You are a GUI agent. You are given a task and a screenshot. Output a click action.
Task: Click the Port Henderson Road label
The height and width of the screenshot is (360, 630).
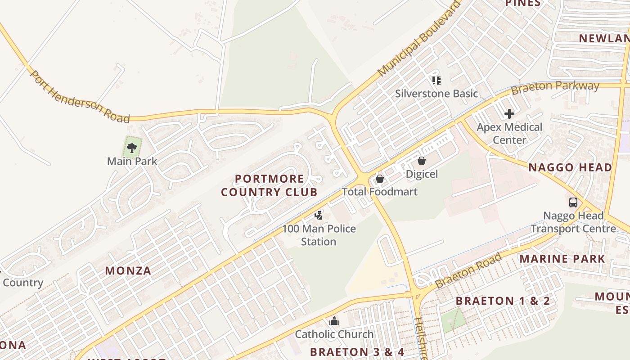80,97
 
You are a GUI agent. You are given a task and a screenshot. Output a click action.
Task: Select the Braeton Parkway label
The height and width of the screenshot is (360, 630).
555,86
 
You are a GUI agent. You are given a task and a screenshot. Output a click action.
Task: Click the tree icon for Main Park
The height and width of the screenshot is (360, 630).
132,147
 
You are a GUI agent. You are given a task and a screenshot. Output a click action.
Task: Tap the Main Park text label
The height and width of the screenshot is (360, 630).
132,161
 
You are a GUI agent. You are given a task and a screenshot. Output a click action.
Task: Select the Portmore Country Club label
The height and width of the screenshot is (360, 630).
269,185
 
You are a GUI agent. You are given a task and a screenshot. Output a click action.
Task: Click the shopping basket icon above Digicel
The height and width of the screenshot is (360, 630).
422,160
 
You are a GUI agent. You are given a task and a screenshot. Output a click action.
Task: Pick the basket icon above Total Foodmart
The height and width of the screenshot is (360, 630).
380,179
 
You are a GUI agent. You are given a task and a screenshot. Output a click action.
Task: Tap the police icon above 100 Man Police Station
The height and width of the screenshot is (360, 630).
319,216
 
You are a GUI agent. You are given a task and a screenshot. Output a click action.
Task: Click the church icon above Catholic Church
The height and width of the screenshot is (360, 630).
334,321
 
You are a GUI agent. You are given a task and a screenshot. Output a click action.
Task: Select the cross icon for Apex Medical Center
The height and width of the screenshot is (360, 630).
509,114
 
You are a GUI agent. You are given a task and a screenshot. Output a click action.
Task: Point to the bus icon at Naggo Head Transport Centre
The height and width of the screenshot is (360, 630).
573,202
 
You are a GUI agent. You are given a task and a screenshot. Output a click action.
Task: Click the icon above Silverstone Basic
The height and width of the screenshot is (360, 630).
436,81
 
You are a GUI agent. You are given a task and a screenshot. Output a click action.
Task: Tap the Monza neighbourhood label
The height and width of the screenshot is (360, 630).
128,271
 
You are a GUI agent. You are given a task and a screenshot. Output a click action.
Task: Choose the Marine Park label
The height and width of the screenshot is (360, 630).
562,259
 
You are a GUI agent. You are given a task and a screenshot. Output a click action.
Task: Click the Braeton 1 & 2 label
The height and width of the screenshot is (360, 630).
503,301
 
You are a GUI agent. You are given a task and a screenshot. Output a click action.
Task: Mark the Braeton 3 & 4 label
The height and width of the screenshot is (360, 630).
357,352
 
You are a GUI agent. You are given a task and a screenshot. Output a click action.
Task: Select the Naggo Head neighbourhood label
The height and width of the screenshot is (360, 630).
570,168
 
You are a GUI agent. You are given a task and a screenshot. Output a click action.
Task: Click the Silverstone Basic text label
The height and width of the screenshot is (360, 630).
436,94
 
